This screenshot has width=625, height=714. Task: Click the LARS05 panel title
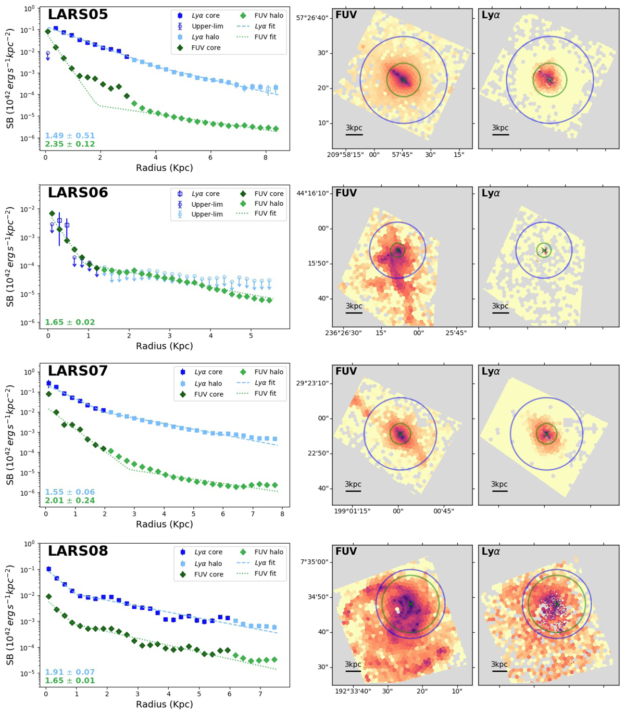(78, 15)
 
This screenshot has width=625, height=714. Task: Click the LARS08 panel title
(78, 550)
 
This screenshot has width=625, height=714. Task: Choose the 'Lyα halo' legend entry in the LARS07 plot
(208, 383)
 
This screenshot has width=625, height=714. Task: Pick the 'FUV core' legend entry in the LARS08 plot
(209, 574)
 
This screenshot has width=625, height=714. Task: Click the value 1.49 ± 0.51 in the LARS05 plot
(70, 136)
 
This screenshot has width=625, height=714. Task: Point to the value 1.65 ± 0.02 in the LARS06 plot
(70, 322)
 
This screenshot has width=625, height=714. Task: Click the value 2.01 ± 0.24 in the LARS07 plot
(70, 500)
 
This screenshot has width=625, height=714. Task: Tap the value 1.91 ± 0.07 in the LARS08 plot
(70, 672)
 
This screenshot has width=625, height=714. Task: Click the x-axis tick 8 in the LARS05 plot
(266, 158)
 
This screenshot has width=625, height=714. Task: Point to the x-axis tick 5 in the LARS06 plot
(251, 336)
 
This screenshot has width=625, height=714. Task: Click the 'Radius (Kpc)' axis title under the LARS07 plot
(164, 524)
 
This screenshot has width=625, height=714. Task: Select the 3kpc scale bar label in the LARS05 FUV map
(354, 128)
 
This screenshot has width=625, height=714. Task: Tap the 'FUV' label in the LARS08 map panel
(346, 551)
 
